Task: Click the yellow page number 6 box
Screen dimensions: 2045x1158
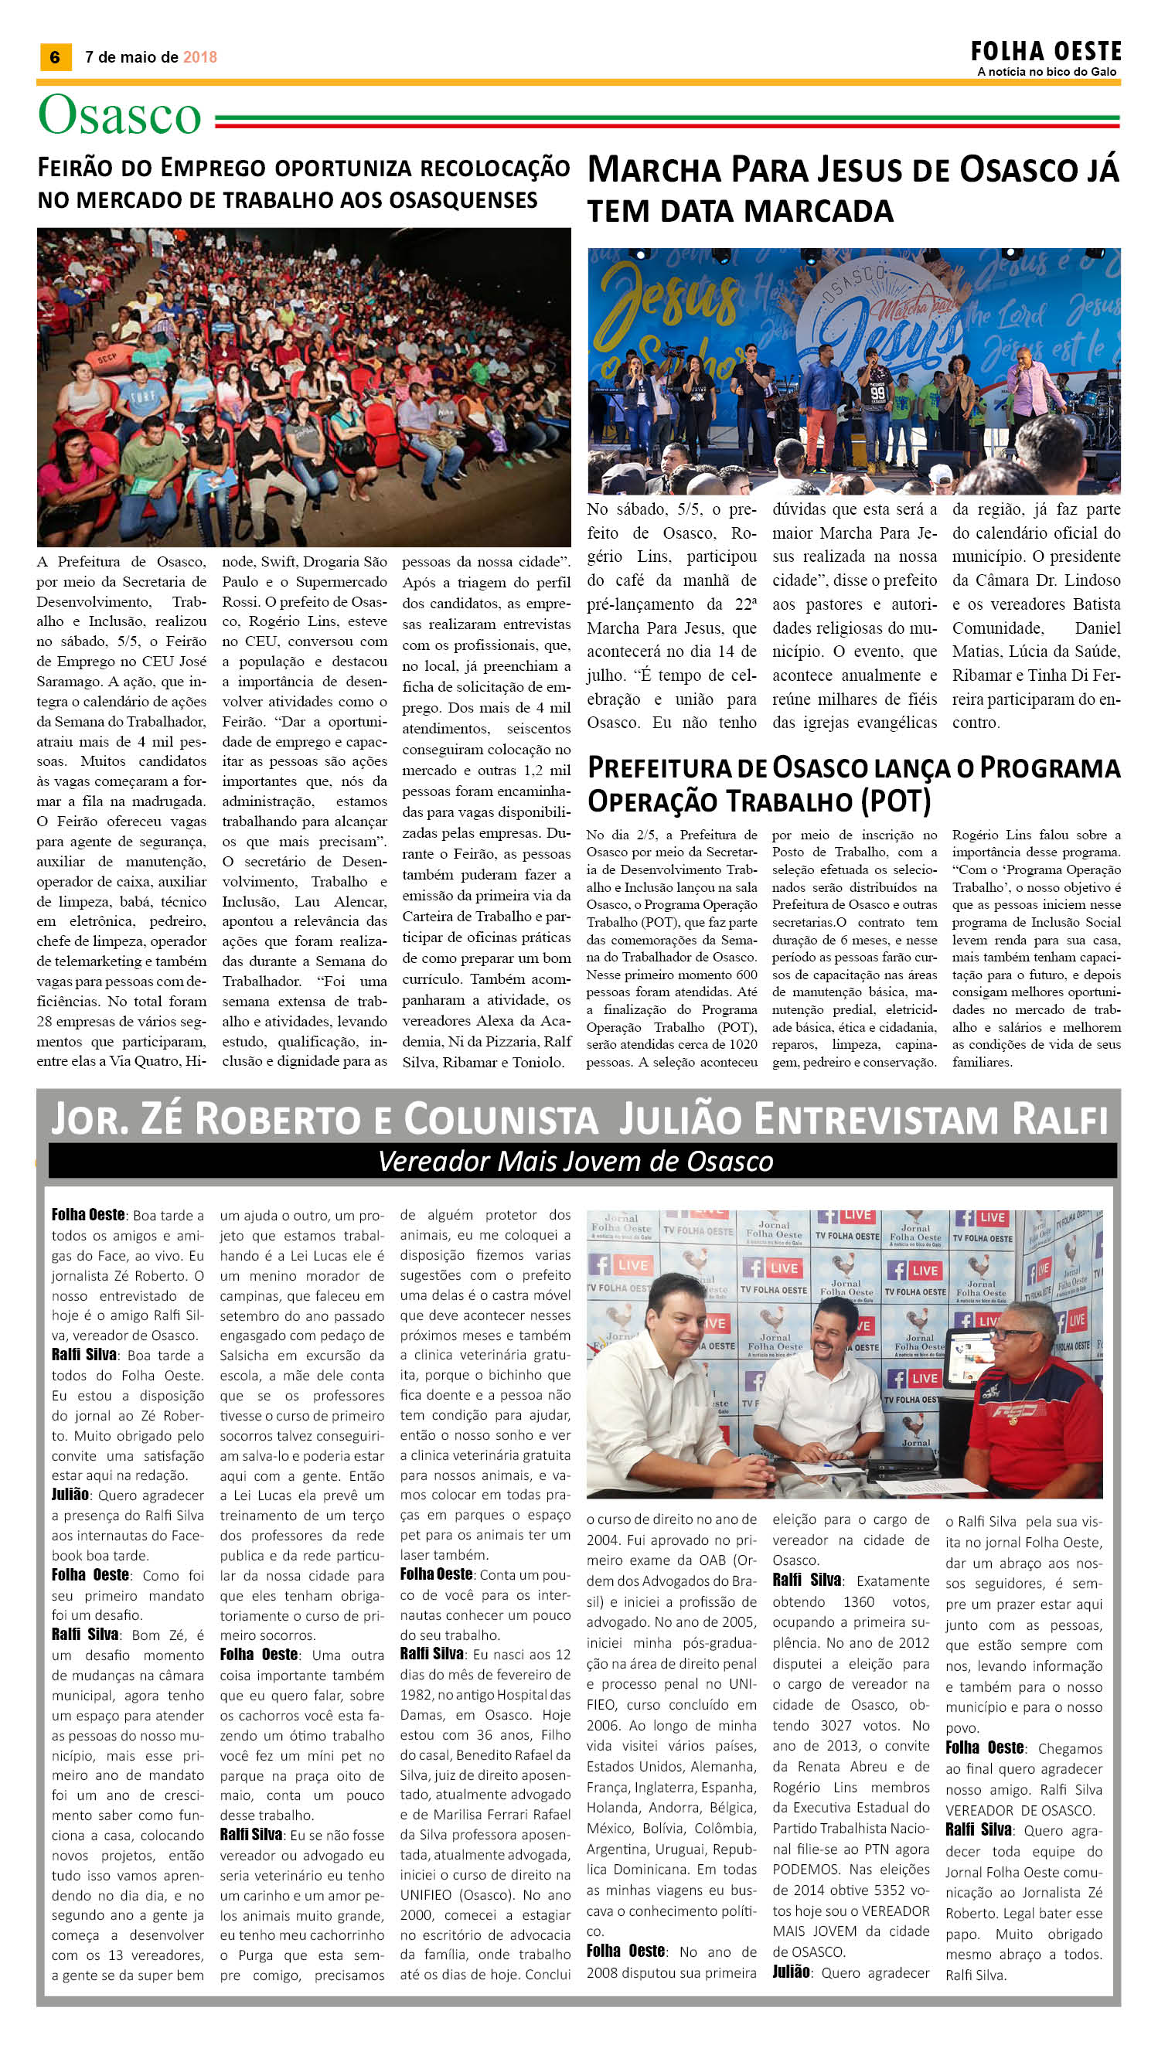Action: [x=55, y=57]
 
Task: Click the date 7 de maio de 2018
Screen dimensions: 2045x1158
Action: [x=150, y=57]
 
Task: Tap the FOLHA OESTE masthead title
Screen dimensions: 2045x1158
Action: [x=1045, y=53]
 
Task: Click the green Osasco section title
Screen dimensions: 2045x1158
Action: [x=119, y=116]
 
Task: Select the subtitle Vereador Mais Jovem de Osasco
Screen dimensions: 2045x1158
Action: [x=575, y=1162]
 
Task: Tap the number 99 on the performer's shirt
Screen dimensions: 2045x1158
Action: [x=877, y=393]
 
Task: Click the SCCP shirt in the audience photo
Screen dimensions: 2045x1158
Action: [x=107, y=358]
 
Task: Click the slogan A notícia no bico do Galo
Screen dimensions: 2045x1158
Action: [x=1047, y=72]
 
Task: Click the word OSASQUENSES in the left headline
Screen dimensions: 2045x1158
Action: [x=461, y=199]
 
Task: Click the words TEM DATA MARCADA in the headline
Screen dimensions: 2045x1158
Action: [x=740, y=211]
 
